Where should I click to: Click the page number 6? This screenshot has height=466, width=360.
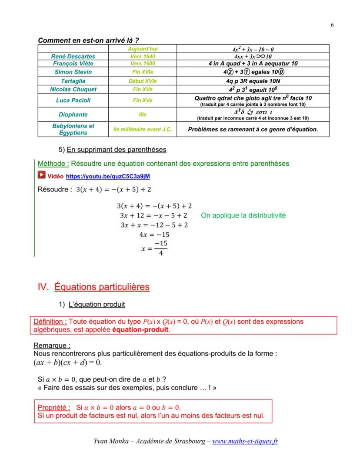pos(332,25)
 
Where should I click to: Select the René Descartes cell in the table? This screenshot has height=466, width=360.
pos(73,57)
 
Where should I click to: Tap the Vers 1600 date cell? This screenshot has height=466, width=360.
pos(143,64)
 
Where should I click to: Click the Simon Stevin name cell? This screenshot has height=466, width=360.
pos(73,72)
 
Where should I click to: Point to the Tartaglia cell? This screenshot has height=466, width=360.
pos(73,81)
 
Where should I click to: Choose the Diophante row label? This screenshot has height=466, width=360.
pos(73,115)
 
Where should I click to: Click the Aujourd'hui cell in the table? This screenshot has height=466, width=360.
pos(143,49)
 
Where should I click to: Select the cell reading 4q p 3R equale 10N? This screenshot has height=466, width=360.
pos(253,81)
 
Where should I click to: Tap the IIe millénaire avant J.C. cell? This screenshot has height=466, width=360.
pos(143,130)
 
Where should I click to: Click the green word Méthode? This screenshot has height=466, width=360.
pos(53,164)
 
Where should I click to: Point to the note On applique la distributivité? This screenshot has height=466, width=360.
pos(243,215)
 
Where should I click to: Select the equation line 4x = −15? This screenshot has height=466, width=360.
pos(154,235)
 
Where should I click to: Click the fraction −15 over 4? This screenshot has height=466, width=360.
pos(161,248)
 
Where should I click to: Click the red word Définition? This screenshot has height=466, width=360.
pos(50,322)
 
